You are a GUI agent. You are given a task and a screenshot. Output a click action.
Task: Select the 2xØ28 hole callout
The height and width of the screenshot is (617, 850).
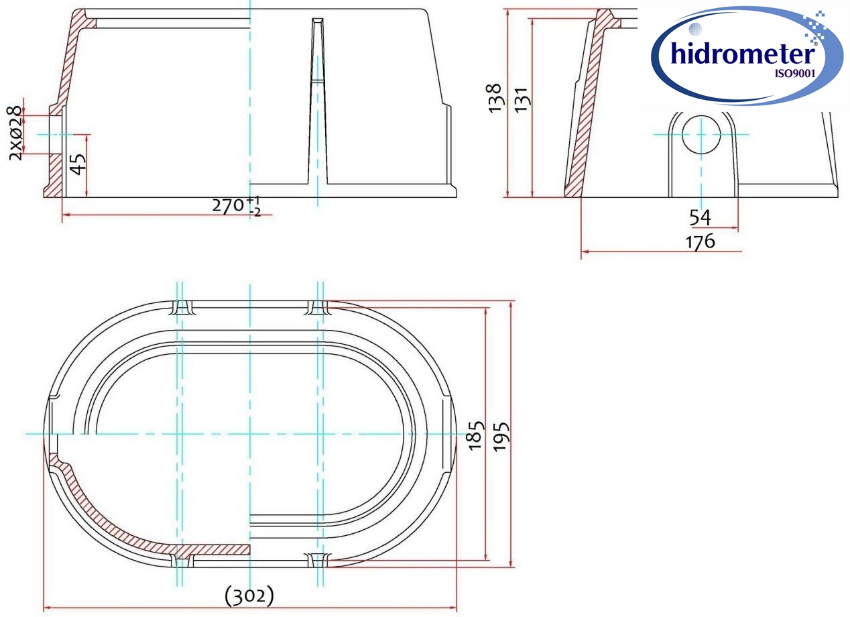point(15,133)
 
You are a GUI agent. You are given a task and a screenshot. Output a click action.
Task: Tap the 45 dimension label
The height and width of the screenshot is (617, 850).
point(78,164)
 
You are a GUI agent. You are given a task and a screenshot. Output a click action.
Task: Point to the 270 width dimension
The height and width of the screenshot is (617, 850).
point(229,205)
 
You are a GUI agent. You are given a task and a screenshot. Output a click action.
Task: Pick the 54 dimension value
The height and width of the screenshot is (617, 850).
point(700,217)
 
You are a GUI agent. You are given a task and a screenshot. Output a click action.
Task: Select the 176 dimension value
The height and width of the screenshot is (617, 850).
point(700,241)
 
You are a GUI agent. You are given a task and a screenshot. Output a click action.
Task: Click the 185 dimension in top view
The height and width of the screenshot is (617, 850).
point(475,435)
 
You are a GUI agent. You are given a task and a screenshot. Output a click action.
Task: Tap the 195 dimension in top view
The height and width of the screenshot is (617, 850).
point(501,435)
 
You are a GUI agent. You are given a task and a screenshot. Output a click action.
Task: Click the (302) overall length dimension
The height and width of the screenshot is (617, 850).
point(249,595)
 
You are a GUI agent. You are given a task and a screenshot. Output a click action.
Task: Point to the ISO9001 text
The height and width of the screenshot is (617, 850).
point(794,74)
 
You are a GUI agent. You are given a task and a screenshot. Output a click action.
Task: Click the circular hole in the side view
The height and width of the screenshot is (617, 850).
point(700,134)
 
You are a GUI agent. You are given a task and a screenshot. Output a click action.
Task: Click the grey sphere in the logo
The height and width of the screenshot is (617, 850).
point(695,29)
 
